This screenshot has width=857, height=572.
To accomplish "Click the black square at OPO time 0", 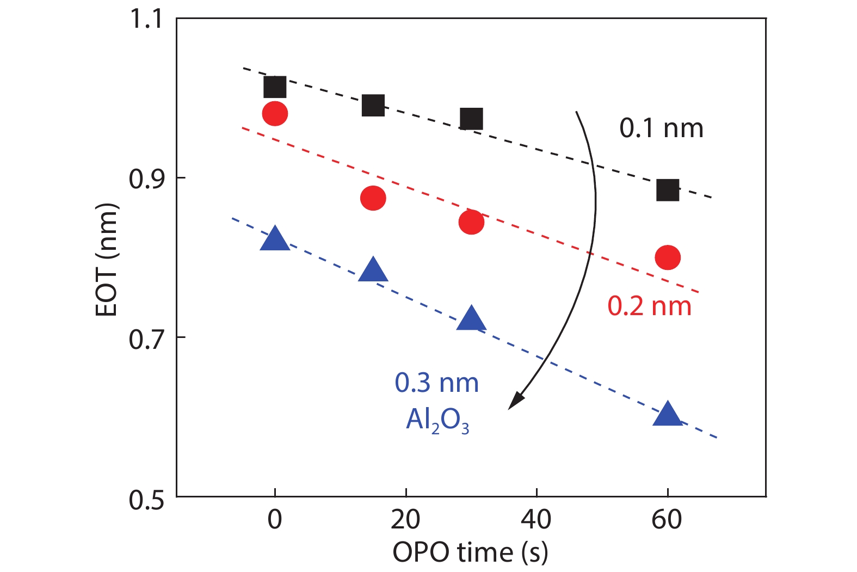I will point(275,87).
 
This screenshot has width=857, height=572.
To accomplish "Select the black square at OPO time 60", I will point(668,190).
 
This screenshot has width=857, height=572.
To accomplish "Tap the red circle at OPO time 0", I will point(275,114).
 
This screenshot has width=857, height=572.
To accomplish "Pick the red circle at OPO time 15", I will point(373,198).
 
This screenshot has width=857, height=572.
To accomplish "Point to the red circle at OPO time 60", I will point(668,257).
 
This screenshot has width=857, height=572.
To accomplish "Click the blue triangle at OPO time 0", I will point(275,239).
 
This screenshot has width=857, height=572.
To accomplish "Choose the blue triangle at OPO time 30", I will point(471,319).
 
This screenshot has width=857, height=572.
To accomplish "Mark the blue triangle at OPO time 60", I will point(668,415).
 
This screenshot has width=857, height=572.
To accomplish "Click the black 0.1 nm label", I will point(661,128).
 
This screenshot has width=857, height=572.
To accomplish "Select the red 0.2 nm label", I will point(649,306).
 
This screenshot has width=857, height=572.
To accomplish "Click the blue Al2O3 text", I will point(437,420).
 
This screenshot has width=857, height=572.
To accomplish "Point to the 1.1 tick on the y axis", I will point(145,19).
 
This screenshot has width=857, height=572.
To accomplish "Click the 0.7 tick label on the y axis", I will point(145,339).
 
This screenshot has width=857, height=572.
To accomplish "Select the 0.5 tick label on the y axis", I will point(145,499).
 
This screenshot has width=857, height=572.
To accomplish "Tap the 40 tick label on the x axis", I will point(536,519).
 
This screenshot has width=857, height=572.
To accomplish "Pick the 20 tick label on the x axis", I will point(405,519).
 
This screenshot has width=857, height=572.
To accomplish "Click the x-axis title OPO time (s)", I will point(470,552).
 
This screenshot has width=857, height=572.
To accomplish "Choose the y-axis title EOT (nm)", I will point(107,260).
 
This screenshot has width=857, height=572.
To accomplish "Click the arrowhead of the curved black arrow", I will point(514,402).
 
